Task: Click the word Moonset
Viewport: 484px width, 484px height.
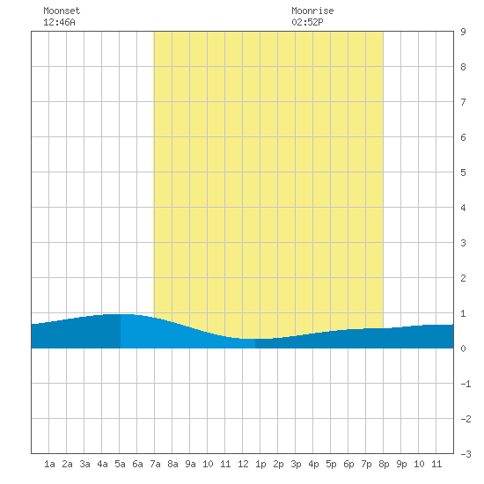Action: pyautogui.click(x=62, y=11)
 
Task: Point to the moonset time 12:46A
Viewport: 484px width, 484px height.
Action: pyautogui.click(x=59, y=22)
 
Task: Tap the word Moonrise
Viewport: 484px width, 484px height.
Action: pyautogui.click(x=312, y=11)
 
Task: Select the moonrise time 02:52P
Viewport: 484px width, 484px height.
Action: pyautogui.click(x=307, y=22)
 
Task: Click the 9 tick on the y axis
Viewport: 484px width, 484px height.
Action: pyautogui.click(x=463, y=32)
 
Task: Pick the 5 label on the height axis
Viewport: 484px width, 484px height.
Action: pyautogui.click(x=463, y=172)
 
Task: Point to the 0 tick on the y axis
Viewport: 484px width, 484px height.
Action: pyautogui.click(x=463, y=348)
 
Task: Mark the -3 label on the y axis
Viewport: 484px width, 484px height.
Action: pyautogui.click(x=466, y=454)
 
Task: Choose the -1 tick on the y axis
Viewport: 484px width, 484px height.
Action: pyautogui.click(x=466, y=384)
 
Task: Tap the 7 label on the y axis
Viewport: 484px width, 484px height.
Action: pyautogui.click(x=463, y=102)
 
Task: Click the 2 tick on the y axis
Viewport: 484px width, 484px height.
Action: pyautogui.click(x=463, y=278)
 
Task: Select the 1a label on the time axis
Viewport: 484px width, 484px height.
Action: pyautogui.click(x=49, y=464)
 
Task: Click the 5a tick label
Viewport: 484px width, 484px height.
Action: pyautogui.click(x=120, y=464)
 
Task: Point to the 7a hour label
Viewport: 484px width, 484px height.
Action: pyautogui.click(x=155, y=464)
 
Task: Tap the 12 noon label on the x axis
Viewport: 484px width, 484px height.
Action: pyautogui.click(x=243, y=464)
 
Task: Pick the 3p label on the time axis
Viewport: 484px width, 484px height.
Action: pyautogui.click(x=296, y=464)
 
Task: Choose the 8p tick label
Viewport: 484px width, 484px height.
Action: pyautogui.click(x=384, y=464)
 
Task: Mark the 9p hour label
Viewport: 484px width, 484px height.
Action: pyautogui.click(x=401, y=464)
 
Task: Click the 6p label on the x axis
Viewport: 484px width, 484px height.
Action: pyautogui.click(x=348, y=464)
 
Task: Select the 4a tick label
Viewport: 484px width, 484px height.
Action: pyautogui.click(x=102, y=464)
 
